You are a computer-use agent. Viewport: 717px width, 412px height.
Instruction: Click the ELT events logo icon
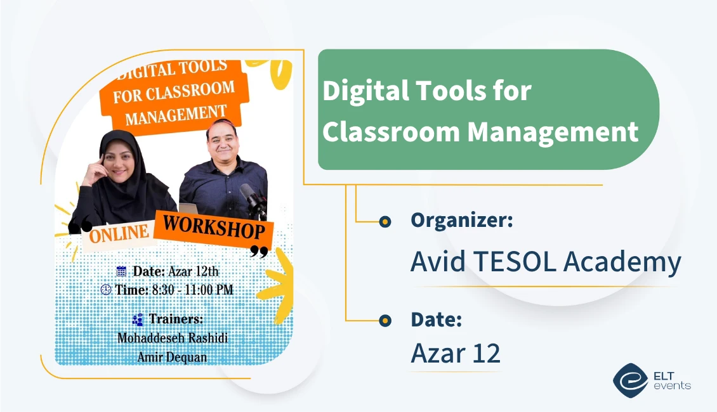click(630, 379)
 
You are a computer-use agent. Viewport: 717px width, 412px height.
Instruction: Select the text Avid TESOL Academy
click(546, 262)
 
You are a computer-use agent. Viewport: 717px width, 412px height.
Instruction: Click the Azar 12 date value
click(456, 353)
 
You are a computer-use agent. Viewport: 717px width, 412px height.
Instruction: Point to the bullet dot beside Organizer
click(385, 221)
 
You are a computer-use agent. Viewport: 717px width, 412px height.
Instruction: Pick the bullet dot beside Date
click(385, 321)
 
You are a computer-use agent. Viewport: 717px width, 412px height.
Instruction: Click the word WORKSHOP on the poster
click(213, 228)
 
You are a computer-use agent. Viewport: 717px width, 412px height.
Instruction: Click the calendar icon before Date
click(122, 271)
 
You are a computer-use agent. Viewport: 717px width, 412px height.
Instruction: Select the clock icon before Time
click(106, 290)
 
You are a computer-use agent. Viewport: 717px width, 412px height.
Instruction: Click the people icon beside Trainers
click(138, 319)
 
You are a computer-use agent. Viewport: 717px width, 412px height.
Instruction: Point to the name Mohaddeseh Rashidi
click(173, 338)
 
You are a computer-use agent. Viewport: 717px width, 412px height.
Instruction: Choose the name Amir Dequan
click(172, 357)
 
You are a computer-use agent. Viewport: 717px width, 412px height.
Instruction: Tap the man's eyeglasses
click(221, 135)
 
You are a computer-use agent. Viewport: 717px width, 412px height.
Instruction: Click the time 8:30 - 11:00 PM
click(191, 290)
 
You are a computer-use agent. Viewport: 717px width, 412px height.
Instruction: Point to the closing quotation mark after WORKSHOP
click(258, 252)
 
